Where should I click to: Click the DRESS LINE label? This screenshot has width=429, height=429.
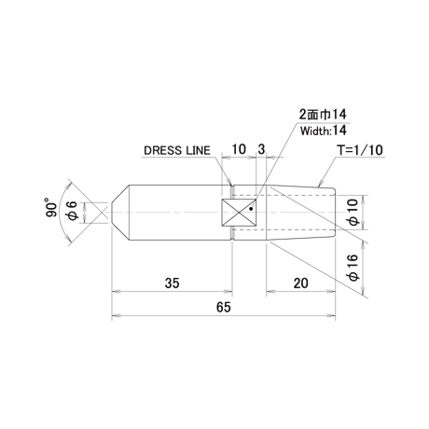coord(177,150)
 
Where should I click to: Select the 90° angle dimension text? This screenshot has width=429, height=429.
coord(51,207)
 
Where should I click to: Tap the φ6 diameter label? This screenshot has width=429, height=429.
coord(73,211)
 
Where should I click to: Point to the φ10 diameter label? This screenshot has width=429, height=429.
coord(353,213)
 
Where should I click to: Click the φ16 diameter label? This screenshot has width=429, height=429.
coord(353,268)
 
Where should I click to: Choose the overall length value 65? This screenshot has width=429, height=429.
coord(224,307)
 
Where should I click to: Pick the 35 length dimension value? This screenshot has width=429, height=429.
coord(172,284)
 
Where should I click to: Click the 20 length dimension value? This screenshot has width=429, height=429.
coord(301,284)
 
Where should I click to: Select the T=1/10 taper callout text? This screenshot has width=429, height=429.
coord(360,150)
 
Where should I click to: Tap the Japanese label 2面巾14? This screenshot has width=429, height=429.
coord(323,115)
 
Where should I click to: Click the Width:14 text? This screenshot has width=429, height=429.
coord(324,131)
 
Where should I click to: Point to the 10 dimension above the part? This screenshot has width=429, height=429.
coord(239,149)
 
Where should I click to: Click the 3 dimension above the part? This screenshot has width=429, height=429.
coord(261,149)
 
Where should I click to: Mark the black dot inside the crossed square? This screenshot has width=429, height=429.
coord(251,209)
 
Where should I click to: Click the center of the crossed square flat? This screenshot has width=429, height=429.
coord(239,213)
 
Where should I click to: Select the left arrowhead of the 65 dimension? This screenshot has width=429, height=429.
coord(116,315)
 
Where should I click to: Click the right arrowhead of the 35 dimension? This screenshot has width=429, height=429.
coord(228,292)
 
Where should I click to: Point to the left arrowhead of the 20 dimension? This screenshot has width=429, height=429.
coord(270,292)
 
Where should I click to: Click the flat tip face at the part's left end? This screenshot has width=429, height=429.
coord(112,213)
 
